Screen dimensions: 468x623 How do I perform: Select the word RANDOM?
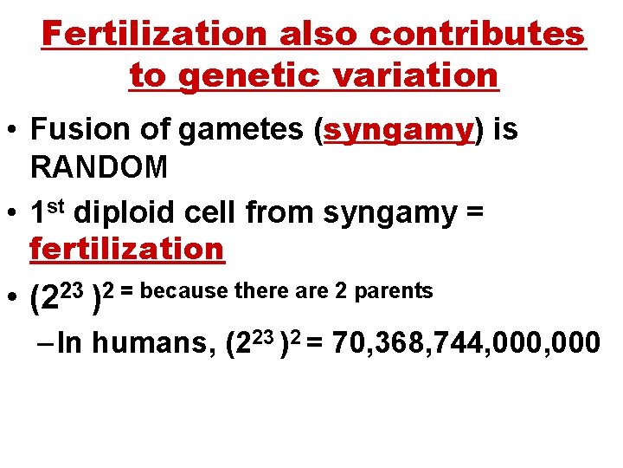coord(100,167)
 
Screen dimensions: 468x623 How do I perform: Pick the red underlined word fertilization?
coord(127,250)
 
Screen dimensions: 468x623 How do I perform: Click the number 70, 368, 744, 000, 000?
coord(466,342)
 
